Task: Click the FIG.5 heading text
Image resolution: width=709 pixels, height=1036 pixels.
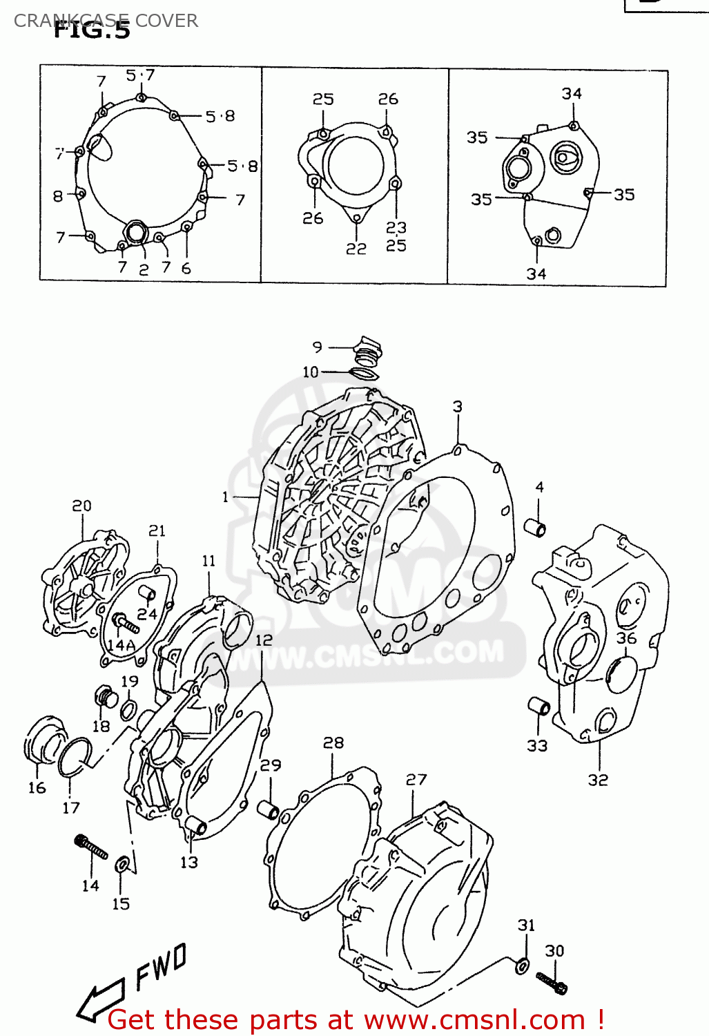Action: (91, 30)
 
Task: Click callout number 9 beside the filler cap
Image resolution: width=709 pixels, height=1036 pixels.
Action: (317, 347)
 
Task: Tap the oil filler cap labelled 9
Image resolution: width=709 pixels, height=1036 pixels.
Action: (367, 351)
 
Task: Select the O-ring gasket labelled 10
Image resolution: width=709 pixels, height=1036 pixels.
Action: (365, 374)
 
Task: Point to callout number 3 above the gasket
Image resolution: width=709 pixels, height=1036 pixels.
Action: (457, 407)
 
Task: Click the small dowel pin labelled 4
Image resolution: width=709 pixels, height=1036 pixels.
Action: (536, 528)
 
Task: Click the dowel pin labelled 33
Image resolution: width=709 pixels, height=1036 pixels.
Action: (538, 708)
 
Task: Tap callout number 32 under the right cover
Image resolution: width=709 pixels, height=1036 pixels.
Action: (598, 780)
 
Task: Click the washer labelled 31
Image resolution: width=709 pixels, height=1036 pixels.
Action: (523, 966)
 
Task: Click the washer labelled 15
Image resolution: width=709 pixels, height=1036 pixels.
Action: (122, 865)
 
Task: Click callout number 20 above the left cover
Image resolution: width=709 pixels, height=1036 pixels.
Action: (81, 506)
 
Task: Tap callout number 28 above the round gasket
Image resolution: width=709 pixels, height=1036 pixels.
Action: (333, 742)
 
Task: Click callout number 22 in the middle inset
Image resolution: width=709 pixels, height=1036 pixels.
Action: (356, 249)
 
